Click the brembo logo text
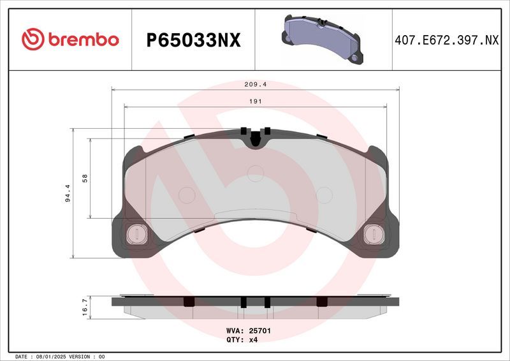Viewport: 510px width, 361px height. click(x=81, y=40)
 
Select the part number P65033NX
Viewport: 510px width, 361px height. click(x=193, y=40)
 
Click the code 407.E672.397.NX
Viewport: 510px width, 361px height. click(x=446, y=40)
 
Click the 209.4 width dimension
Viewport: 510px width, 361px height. click(x=255, y=84)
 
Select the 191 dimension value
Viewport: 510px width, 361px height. click(x=255, y=101)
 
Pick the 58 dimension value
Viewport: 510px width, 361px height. click(x=84, y=178)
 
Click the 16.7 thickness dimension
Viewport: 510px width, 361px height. click(x=84, y=307)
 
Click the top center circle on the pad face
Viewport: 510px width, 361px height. click(x=255, y=171)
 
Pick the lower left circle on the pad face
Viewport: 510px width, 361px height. click(x=187, y=195)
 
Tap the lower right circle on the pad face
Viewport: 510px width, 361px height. click(x=324, y=195)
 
